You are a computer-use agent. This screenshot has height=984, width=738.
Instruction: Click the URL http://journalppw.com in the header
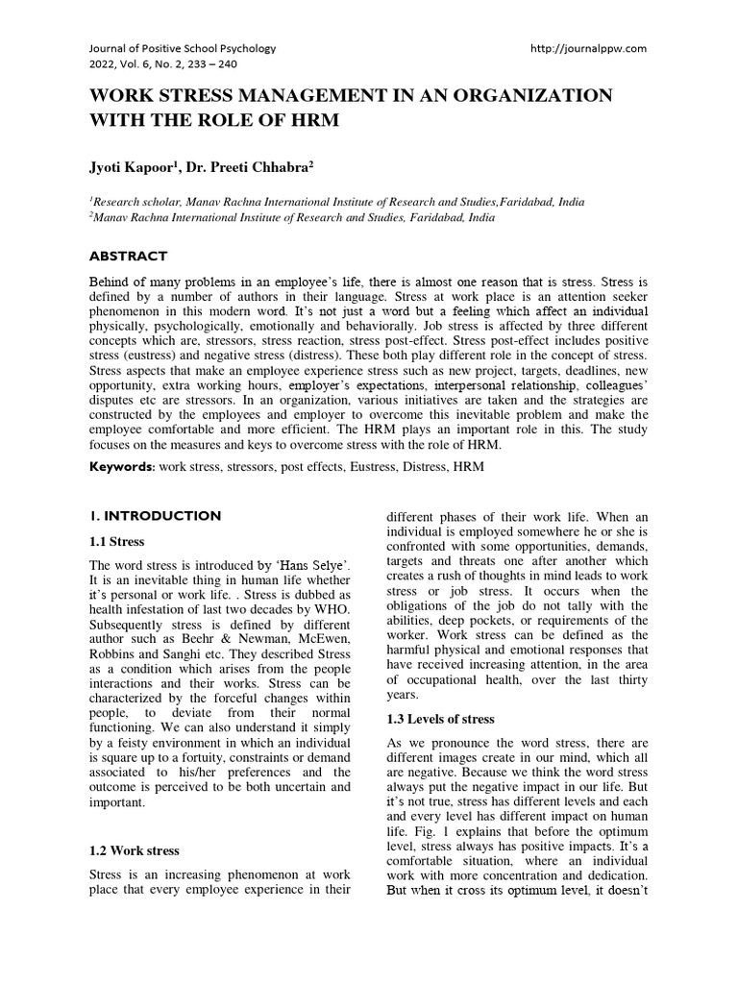pos(588,48)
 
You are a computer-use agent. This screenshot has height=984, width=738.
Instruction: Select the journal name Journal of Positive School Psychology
pos(183,48)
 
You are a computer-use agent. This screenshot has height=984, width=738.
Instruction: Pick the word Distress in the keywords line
pos(419,466)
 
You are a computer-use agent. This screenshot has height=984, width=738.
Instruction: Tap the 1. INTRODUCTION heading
pos(155,516)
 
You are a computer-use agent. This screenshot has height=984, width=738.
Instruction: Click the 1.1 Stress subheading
pos(118,542)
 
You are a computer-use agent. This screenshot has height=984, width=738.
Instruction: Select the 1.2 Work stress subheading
pos(134,850)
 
